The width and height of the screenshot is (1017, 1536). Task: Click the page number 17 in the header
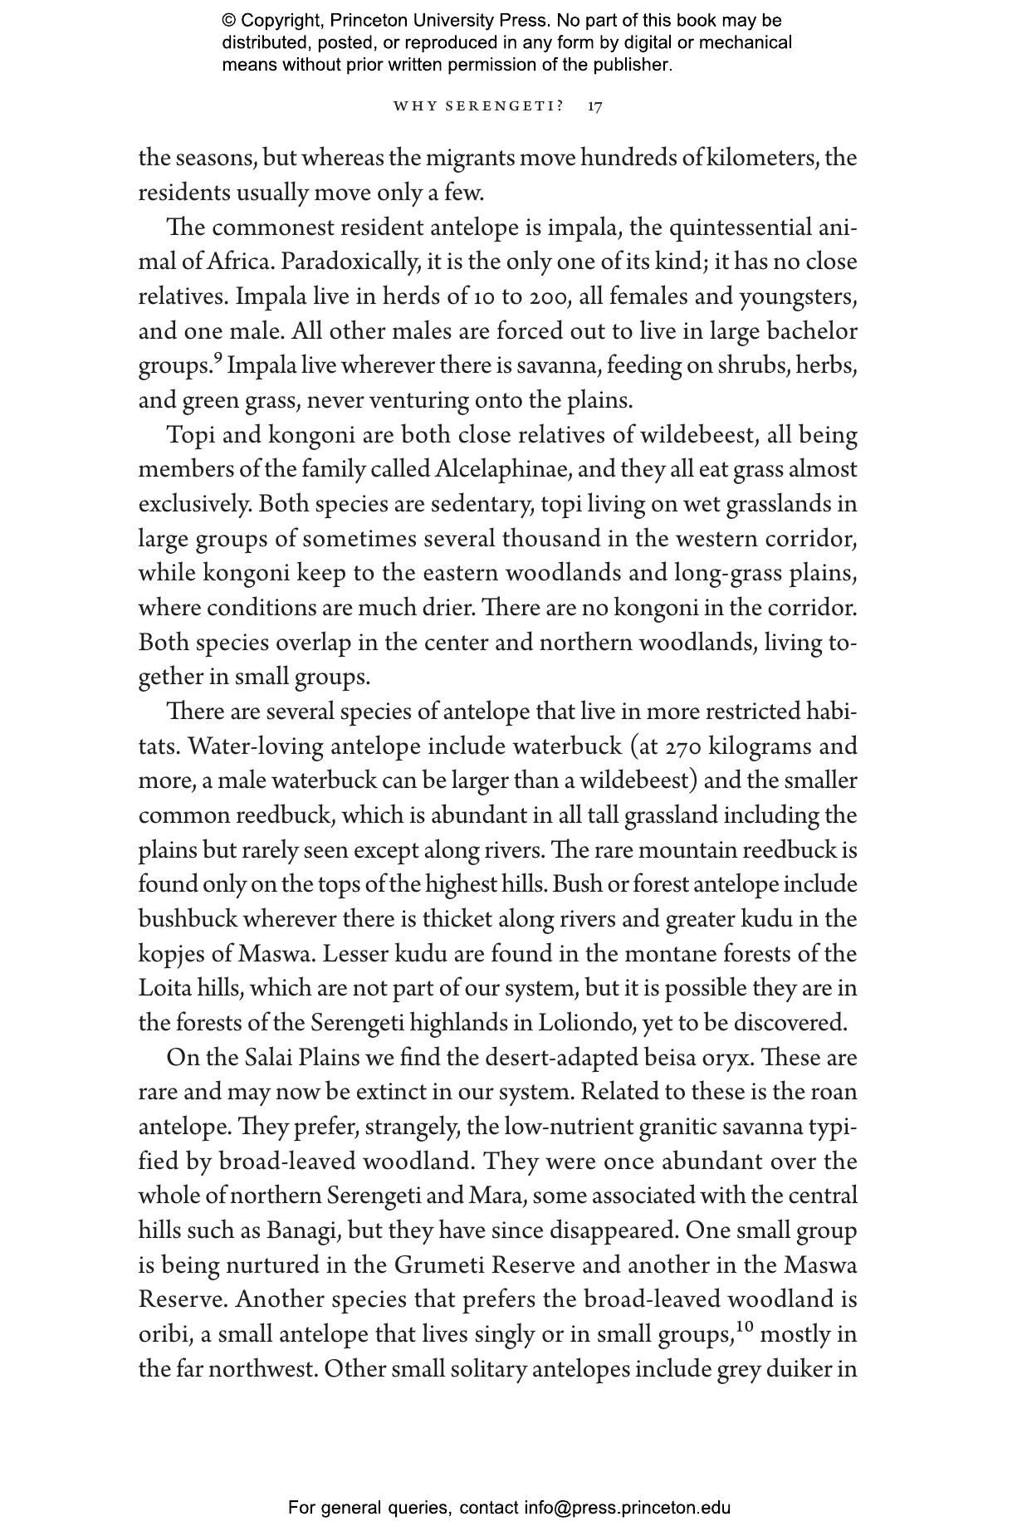594,106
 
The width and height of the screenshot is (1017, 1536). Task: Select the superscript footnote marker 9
218,359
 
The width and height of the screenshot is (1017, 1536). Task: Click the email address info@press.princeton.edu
627,1507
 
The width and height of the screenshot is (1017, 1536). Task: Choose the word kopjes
166,954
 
